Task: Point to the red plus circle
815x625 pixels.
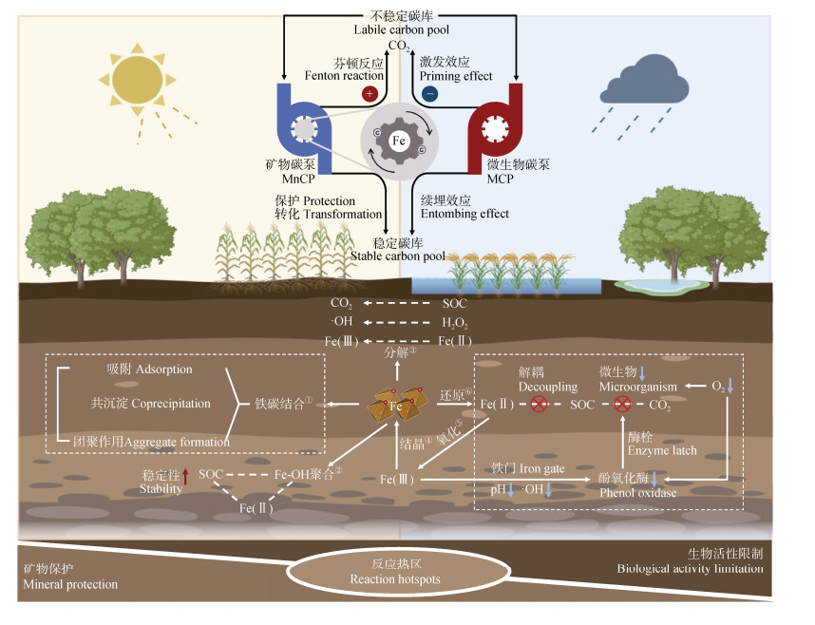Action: click(370, 94)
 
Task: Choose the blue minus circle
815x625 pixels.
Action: click(430, 94)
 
